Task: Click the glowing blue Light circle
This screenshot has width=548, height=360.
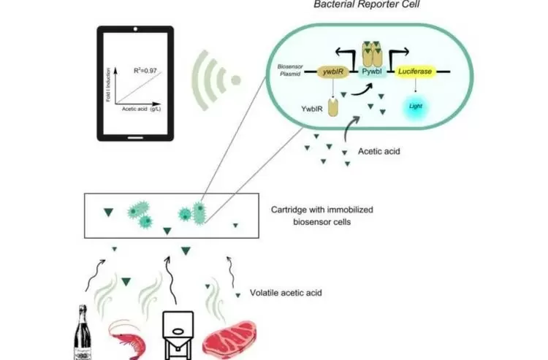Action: point(415,108)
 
